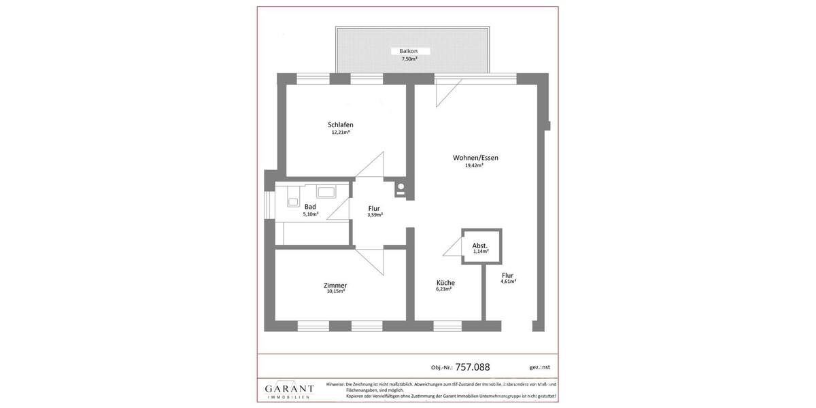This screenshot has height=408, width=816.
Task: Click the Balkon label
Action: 409,51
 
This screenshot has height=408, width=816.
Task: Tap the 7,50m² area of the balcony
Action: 409,59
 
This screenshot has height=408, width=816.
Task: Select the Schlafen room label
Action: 341,124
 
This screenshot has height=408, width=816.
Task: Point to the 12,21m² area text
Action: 341,132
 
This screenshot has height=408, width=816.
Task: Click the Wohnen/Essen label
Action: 475,158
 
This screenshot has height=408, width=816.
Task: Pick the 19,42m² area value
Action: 474,165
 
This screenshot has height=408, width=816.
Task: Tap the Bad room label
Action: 310,207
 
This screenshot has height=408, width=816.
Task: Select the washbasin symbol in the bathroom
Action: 326,192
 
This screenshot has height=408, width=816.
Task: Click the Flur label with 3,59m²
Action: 374,208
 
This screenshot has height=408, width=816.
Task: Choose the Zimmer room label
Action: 335,285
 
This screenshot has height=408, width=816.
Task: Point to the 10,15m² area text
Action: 335,292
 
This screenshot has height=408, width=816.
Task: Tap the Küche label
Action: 445,282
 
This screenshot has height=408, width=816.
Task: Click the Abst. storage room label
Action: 480,245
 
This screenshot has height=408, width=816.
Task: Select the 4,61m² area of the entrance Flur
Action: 508,281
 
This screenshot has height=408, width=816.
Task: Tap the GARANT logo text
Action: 289,389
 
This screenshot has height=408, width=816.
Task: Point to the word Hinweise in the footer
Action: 335,384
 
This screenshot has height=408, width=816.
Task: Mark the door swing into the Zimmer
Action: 371,258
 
